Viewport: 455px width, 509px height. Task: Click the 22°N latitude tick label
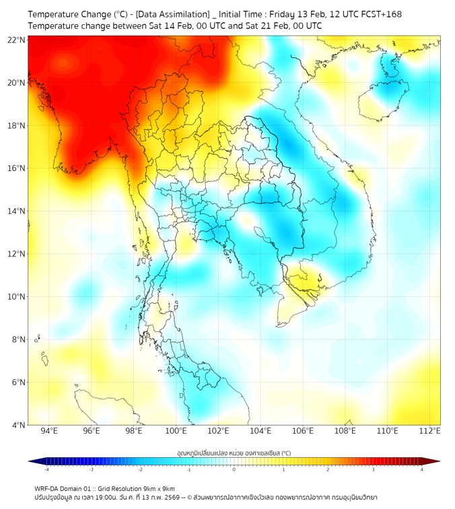click(17, 40)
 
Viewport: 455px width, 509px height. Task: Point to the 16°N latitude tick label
click(17, 168)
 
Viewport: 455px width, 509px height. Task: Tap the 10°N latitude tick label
click(17, 296)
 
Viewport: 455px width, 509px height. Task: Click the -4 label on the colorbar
click(46, 470)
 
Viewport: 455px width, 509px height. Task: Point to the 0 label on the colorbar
click(234, 470)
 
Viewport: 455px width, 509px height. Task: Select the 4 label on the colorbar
click(421, 470)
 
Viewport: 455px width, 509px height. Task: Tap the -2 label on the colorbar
click(140, 470)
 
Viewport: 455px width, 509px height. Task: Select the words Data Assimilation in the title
click(174, 13)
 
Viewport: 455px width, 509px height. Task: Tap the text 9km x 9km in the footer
click(160, 489)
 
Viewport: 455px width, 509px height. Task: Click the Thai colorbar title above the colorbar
click(234, 453)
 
